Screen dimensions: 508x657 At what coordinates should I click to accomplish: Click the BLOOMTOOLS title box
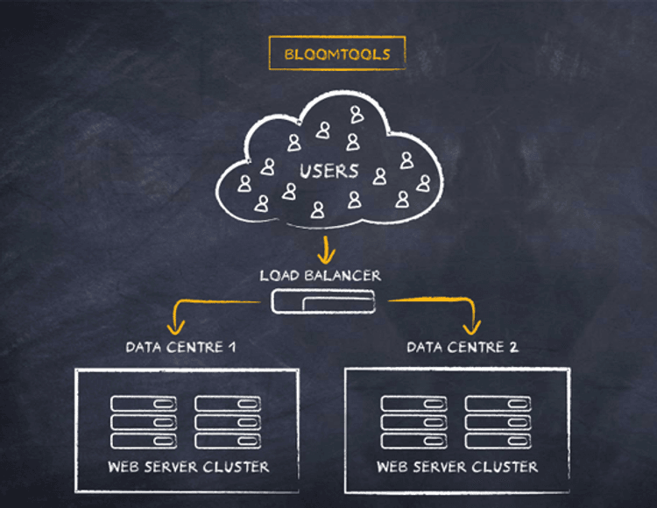337,53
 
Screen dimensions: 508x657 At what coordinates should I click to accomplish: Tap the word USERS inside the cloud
328,171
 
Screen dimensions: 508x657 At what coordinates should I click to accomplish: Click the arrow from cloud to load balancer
327,249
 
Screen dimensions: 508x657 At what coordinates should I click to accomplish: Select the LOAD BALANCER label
321,276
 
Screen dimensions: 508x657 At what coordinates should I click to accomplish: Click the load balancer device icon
322,303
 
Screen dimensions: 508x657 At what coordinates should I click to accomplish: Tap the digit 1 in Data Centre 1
232,347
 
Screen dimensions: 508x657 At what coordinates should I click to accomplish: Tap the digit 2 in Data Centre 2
513,348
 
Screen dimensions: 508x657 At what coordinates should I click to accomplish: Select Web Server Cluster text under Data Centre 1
188,466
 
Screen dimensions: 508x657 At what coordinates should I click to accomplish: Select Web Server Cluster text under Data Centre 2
457,467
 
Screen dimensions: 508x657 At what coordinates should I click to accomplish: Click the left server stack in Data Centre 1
144,422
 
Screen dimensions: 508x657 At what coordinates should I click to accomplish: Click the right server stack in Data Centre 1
228,422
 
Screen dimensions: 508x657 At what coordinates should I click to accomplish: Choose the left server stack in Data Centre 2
413,422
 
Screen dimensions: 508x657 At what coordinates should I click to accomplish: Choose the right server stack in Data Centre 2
498,422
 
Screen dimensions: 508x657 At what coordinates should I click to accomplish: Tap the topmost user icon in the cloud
357,115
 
